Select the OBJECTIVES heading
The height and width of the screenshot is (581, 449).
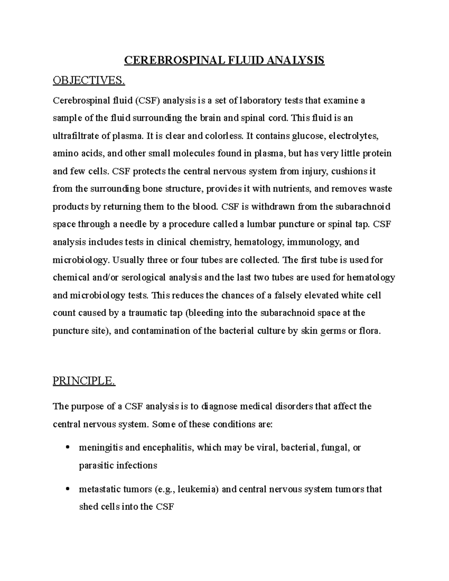[x=88, y=80]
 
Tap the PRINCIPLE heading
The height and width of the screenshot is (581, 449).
[x=84, y=381]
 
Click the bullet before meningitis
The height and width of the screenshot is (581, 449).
[x=68, y=447]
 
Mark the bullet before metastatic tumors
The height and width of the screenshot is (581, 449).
[x=68, y=489]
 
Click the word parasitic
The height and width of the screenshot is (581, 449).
[x=96, y=466]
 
